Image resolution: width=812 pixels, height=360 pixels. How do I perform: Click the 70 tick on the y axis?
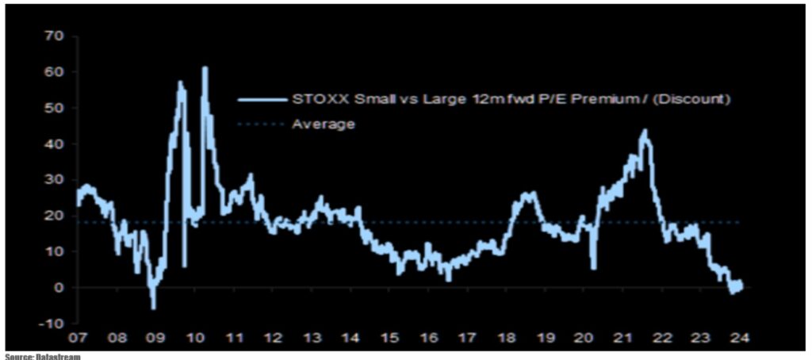(x=54, y=36)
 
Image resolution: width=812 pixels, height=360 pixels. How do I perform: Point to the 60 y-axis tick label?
(x=54, y=72)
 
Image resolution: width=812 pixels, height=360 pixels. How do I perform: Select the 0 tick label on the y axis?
(x=59, y=288)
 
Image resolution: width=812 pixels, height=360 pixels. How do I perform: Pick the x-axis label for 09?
(x=156, y=338)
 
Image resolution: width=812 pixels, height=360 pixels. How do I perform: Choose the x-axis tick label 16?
(x=428, y=338)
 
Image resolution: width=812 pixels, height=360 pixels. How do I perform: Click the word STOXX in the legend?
(x=315, y=100)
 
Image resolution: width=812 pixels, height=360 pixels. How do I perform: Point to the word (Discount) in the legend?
(x=693, y=100)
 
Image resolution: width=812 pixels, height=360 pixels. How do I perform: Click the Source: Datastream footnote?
(x=43, y=356)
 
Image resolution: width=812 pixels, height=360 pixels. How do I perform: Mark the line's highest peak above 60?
(x=205, y=67)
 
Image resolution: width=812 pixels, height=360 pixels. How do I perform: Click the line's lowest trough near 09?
(x=153, y=308)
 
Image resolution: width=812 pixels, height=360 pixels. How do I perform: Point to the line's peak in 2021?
(x=645, y=131)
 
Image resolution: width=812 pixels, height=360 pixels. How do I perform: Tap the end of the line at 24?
(x=741, y=284)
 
